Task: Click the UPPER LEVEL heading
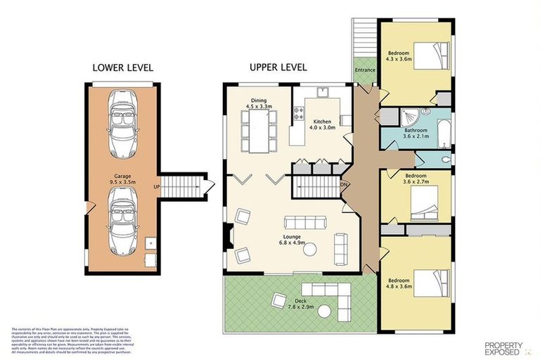tap(278, 67)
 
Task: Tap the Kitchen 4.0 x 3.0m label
tap(316, 124)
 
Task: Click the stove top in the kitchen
tap(299, 111)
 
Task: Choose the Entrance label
tap(364, 70)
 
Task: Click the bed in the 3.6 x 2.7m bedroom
tap(426, 204)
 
